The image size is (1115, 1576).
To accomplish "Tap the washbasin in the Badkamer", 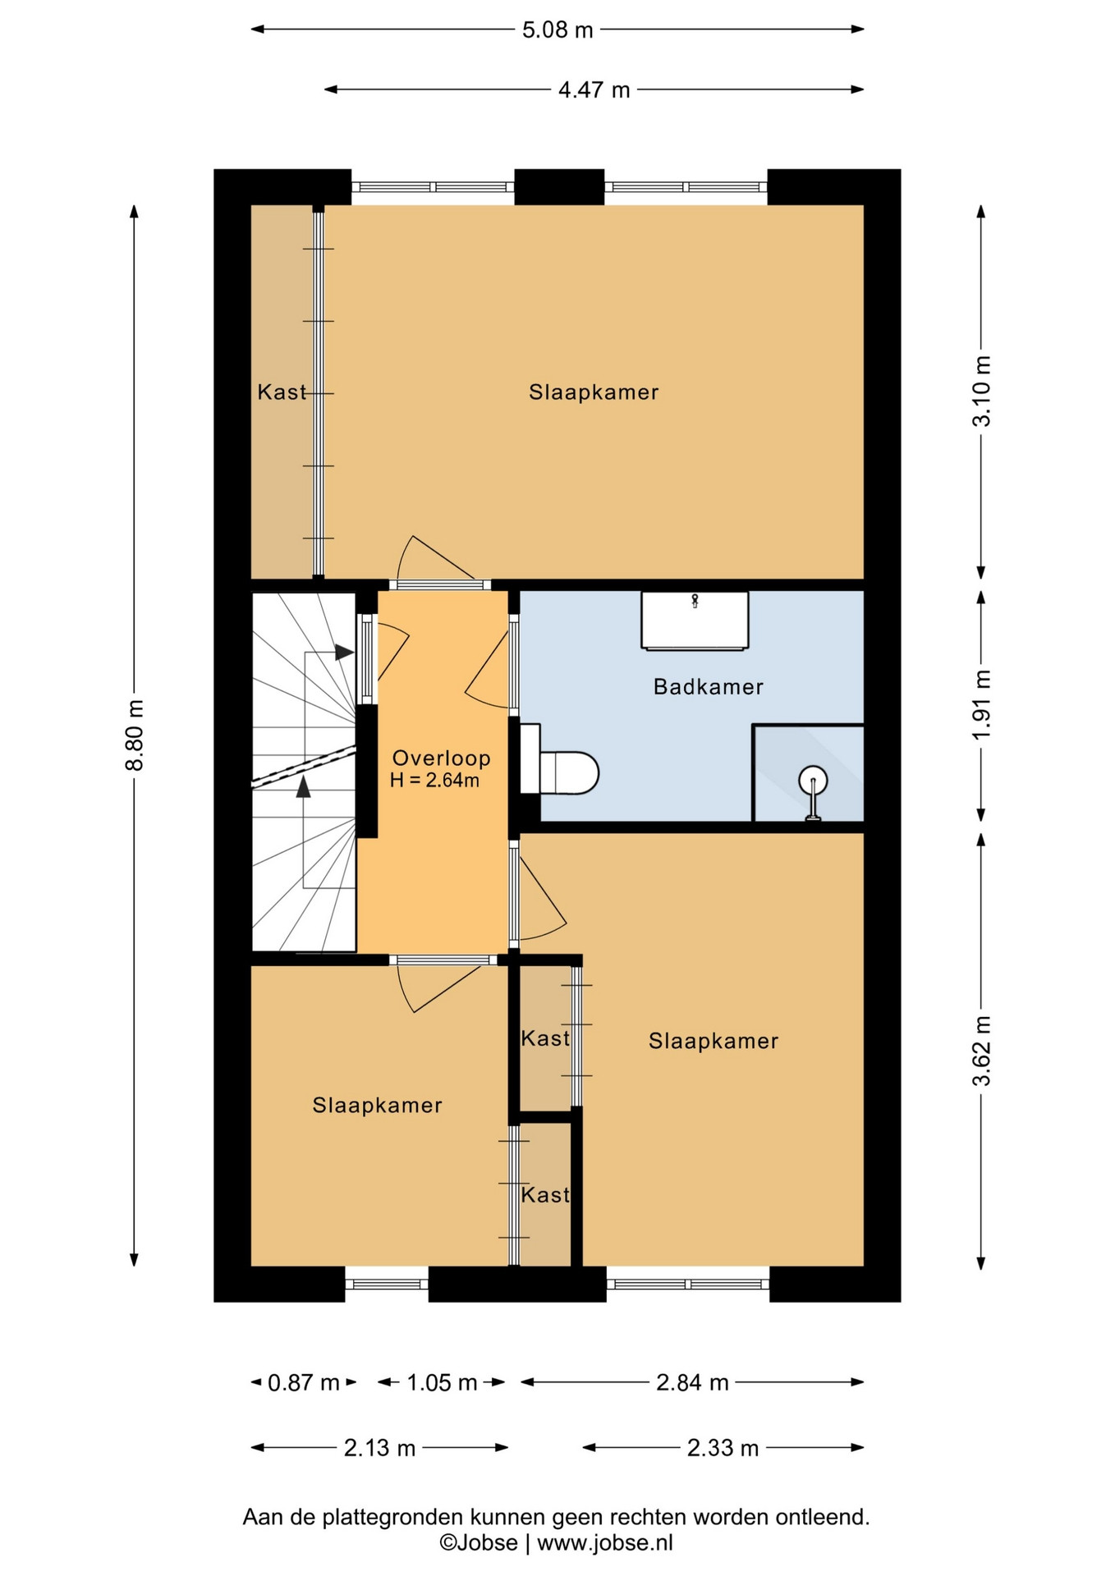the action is (x=695, y=621).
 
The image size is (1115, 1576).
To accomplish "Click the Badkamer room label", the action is (x=708, y=687).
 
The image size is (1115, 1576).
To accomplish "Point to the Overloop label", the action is (x=441, y=758).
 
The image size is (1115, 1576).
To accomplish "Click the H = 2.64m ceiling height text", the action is (x=434, y=781).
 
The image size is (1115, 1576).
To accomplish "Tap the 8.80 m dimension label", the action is (x=135, y=735).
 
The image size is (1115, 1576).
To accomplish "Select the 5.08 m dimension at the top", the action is (x=557, y=30).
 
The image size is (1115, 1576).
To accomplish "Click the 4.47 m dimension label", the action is (x=594, y=89).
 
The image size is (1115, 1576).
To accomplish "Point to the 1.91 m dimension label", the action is (x=982, y=704).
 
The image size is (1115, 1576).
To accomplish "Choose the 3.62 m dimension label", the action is (x=982, y=1051).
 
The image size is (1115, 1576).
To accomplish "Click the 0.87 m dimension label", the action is (x=304, y=1383).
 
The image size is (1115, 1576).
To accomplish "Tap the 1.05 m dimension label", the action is (x=442, y=1383).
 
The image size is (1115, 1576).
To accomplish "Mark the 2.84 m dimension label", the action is (x=692, y=1383).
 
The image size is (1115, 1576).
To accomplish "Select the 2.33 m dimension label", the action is (x=723, y=1448).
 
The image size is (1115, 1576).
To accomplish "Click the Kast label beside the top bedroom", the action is (x=282, y=392).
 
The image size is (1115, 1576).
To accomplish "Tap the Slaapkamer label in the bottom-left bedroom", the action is (x=377, y=1106).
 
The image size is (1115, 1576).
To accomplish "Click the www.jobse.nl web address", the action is (x=605, y=1543).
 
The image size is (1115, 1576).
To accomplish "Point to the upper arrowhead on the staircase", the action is (x=344, y=653).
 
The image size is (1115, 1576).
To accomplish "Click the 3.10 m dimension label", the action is (x=982, y=391).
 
